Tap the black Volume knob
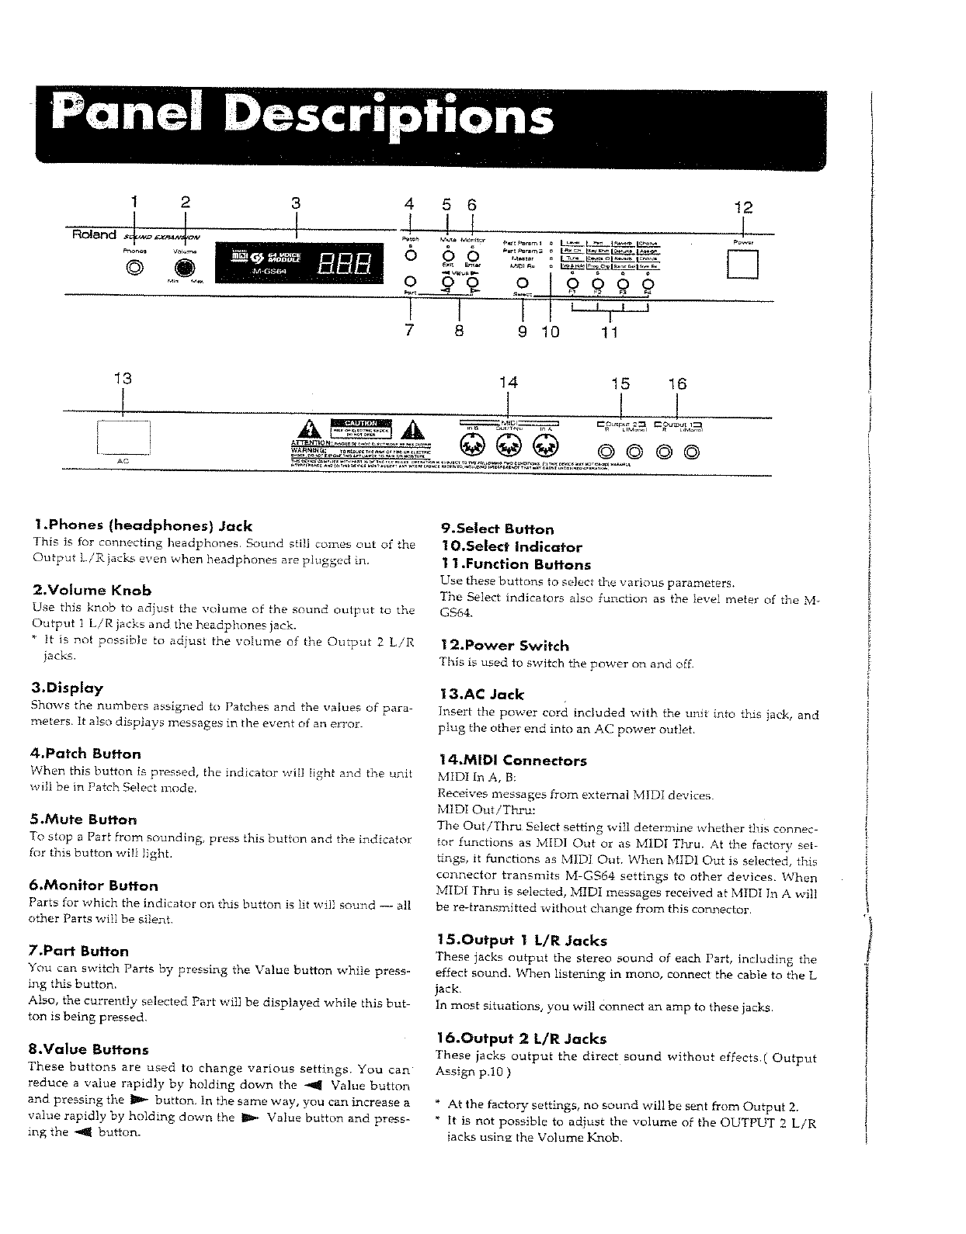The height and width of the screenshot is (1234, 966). pyautogui.click(x=184, y=269)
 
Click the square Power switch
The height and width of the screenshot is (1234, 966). pyautogui.click(x=743, y=266)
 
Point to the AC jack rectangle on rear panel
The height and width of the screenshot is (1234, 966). pyautogui.click(x=123, y=436)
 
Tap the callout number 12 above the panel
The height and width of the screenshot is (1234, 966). pyautogui.click(x=743, y=208)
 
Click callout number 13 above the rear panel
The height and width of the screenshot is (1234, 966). pyautogui.click(x=123, y=379)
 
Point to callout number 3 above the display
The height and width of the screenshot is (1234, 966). pyautogui.click(x=295, y=204)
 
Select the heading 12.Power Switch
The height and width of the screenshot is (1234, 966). pyautogui.click(x=504, y=646)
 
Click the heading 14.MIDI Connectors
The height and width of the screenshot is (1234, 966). pyautogui.click(x=513, y=761)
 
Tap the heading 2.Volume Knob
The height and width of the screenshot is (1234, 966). pyautogui.click(x=92, y=591)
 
